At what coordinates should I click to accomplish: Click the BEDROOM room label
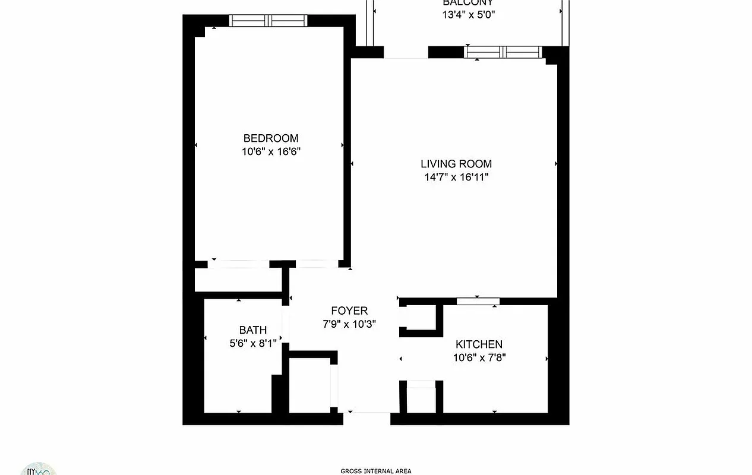pos(271,138)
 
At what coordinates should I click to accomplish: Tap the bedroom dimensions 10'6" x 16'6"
pos(271,151)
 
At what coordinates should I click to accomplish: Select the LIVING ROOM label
pos(456,164)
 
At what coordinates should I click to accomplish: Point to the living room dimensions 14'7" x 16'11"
pos(456,177)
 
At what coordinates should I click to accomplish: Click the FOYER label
pos(349,311)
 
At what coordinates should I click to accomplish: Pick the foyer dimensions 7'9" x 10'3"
pos(349,324)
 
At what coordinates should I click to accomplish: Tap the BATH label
pos(253,330)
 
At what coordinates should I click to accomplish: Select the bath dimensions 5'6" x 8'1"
pos(253,343)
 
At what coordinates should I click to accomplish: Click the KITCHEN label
pos(479,344)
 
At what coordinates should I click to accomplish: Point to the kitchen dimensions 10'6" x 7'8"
pos(479,357)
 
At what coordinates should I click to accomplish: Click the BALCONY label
pos(468,3)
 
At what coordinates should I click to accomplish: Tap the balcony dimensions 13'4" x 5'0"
pos(468,15)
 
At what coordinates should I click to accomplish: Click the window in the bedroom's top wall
pos(268,21)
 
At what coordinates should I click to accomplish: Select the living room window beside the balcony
pos(504,52)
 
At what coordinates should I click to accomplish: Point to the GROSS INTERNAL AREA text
pos(375,471)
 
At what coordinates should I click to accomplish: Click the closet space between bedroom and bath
pos(238,280)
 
